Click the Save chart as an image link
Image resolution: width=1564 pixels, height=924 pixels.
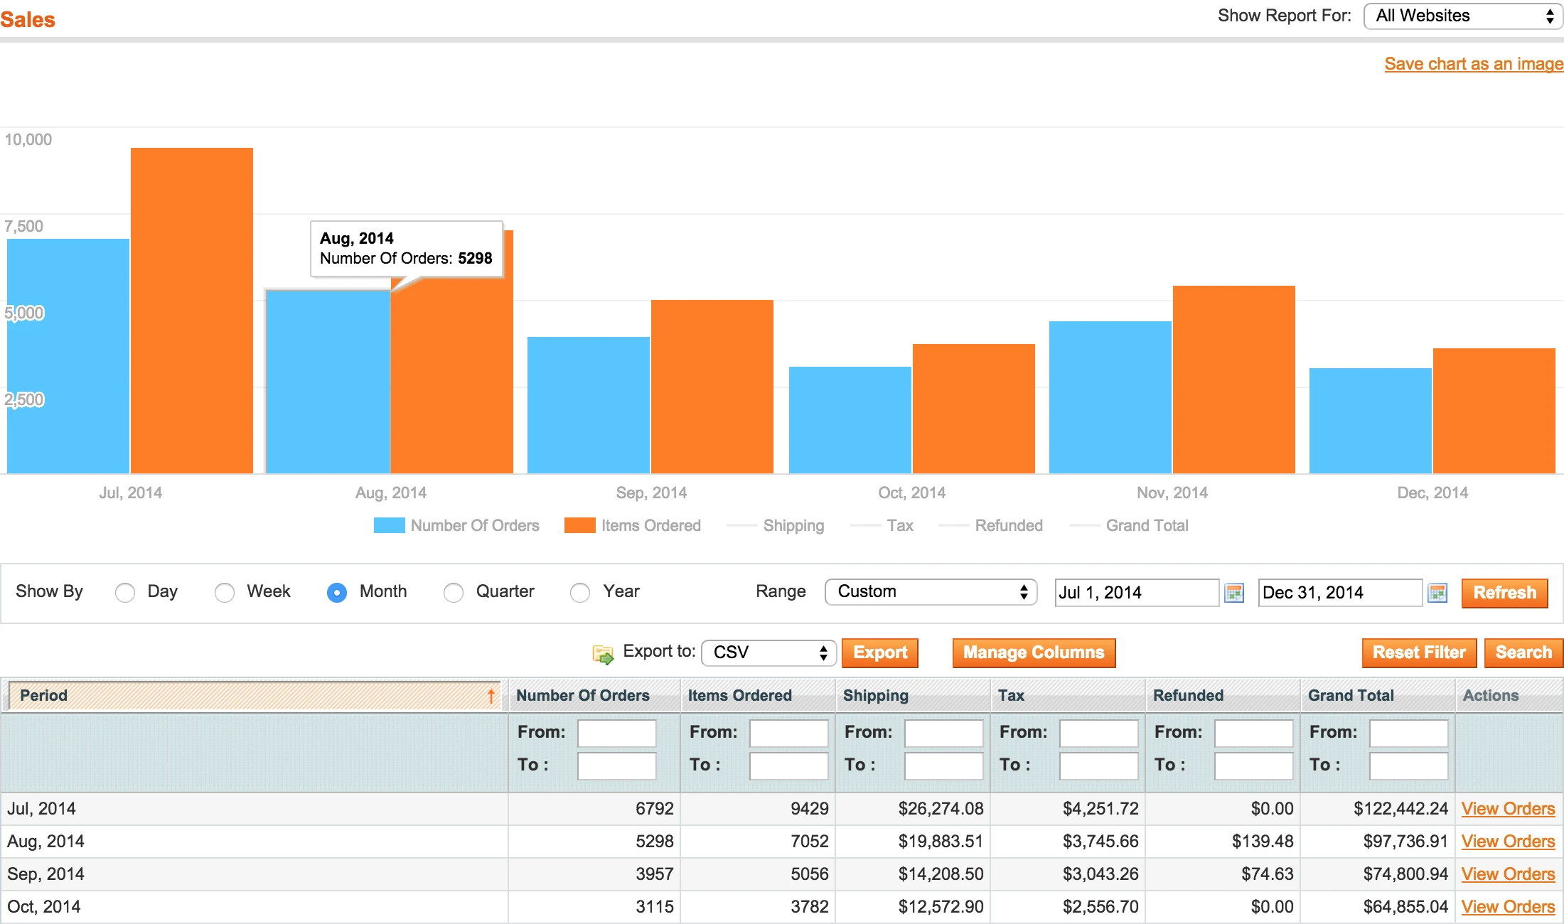(x=1473, y=64)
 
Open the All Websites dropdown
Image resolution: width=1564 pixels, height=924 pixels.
(x=1462, y=16)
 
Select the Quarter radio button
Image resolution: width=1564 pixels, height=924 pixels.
(x=453, y=592)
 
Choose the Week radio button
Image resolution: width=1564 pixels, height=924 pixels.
(x=225, y=592)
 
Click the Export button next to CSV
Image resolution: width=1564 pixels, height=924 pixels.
(x=879, y=652)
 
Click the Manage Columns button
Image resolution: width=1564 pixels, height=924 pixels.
(x=1033, y=652)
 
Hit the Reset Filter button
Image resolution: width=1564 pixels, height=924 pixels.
(x=1418, y=652)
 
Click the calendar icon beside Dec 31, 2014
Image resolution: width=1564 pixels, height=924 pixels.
(x=1437, y=593)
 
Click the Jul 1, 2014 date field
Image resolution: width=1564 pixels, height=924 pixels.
(x=1136, y=593)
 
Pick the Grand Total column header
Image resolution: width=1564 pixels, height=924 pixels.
(x=1351, y=695)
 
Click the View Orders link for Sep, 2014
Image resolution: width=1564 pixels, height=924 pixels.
(x=1507, y=874)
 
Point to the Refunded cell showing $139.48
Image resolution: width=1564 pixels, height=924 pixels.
(x=1262, y=842)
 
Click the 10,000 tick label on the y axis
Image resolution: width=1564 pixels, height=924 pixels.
(x=28, y=139)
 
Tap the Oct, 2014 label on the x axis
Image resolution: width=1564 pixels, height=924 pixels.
(x=911, y=493)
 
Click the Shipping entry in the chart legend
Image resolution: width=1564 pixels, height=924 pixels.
(x=793, y=525)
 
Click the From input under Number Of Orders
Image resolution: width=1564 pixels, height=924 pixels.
(x=616, y=733)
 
